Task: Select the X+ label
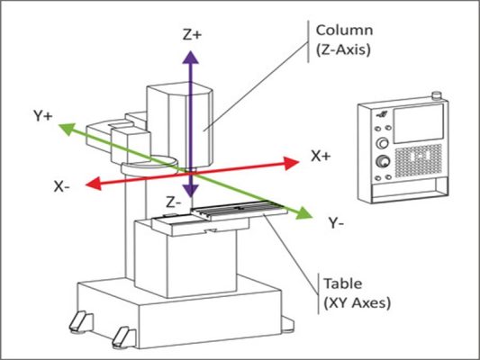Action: (322, 156)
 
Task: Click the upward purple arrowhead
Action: (190, 57)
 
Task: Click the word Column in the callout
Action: (339, 29)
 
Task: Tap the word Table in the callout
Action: (340, 284)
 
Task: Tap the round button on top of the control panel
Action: (434, 94)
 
